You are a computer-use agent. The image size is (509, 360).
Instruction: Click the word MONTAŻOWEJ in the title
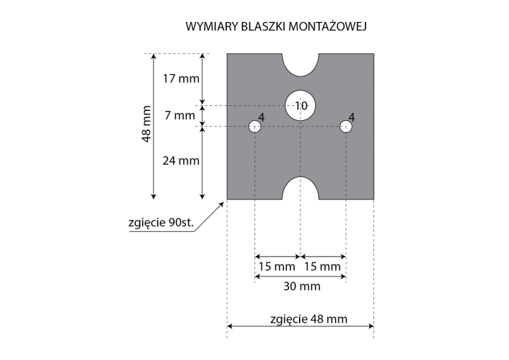(327, 26)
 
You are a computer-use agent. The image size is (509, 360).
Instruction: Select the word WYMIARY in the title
(212, 26)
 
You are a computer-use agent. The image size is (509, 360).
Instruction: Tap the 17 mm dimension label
(181, 79)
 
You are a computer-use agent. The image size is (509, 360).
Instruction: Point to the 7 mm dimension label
(180, 115)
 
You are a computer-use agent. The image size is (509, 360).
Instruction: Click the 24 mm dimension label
(181, 161)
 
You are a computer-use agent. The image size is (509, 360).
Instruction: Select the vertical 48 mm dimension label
(146, 124)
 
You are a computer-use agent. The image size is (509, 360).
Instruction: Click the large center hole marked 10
(300, 105)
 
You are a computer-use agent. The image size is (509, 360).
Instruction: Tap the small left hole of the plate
(255, 127)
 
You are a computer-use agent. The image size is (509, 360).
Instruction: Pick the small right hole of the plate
(346, 127)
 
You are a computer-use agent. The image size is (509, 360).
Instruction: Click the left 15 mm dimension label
(277, 267)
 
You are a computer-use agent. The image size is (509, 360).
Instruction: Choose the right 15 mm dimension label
(322, 267)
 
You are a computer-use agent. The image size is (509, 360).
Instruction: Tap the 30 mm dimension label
(302, 286)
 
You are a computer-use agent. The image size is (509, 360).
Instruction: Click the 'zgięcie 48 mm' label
(309, 319)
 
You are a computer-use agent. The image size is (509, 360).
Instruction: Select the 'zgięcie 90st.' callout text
(161, 223)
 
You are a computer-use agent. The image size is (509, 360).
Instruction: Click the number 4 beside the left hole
(262, 117)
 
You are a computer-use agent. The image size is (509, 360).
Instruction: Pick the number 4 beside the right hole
(351, 117)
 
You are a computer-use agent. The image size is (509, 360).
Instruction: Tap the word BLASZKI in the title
(264, 26)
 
